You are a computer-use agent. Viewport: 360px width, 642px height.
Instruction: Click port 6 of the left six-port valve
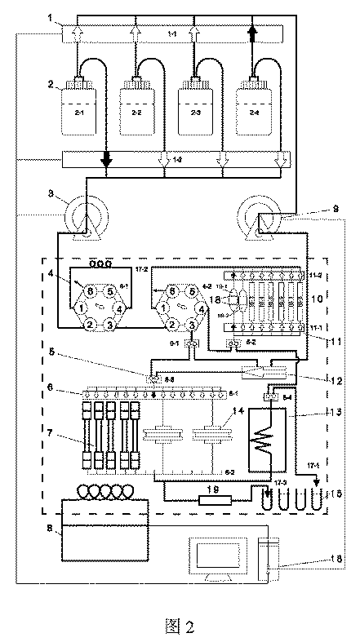point(90,289)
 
